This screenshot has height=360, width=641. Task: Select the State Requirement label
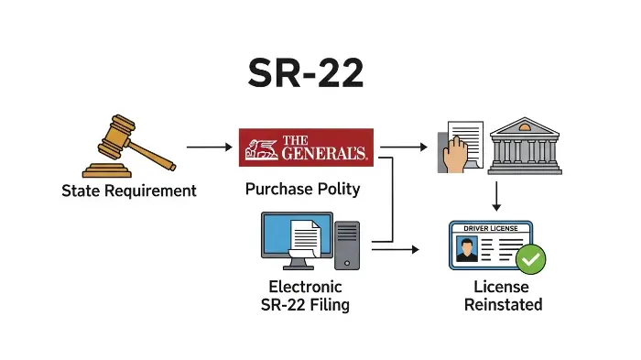pyautogui.click(x=129, y=191)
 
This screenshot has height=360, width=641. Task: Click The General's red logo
pyautogui.click(x=305, y=147)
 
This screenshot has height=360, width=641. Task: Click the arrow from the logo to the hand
pyautogui.click(x=404, y=147)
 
